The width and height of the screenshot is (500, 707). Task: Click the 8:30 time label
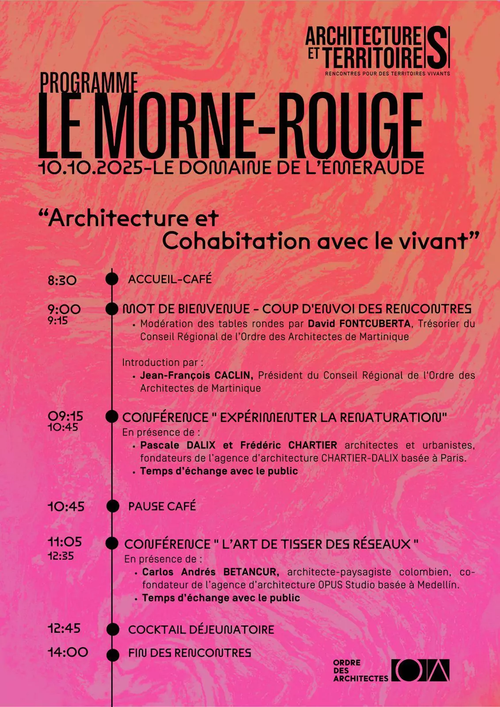(62, 280)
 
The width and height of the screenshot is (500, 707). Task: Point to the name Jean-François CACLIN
(196, 376)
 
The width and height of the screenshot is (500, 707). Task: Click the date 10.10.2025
(90, 168)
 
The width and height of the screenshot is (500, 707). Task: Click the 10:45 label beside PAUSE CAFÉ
(66, 506)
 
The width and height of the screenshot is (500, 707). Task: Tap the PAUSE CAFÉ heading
(162, 506)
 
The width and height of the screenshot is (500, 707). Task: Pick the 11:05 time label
(65, 542)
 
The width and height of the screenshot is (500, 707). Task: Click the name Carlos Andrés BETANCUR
(210, 572)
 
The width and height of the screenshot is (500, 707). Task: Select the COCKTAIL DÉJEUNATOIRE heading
(201, 630)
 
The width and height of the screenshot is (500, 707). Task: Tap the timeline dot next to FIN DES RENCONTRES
(113, 654)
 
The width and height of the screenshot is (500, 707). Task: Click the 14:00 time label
(68, 652)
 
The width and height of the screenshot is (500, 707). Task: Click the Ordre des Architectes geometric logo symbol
(420, 670)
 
